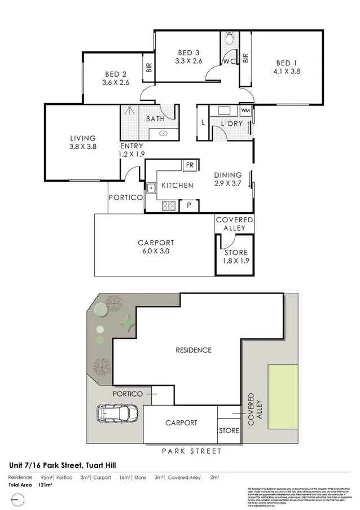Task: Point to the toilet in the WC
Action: click(x=230, y=39)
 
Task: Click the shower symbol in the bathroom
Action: click(x=130, y=113)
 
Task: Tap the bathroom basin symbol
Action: click(x=163, y=134)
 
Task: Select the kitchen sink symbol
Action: click(x=151, y=187)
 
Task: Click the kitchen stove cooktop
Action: click(x=169, y=206)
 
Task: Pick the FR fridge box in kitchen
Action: click(x=190, y=165)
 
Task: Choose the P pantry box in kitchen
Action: click(x=189, y=206)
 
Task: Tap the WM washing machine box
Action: click(x=246, y=110)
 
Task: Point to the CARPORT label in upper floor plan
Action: click(x=154, y=243)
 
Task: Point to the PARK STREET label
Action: click(x=191, y=451)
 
